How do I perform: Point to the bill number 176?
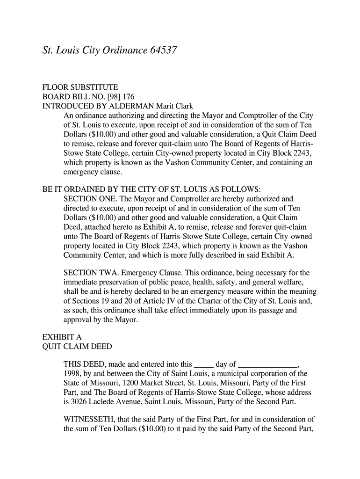pos(122,96)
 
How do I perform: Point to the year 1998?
pos(72,373)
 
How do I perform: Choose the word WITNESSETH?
pos(92,419)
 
